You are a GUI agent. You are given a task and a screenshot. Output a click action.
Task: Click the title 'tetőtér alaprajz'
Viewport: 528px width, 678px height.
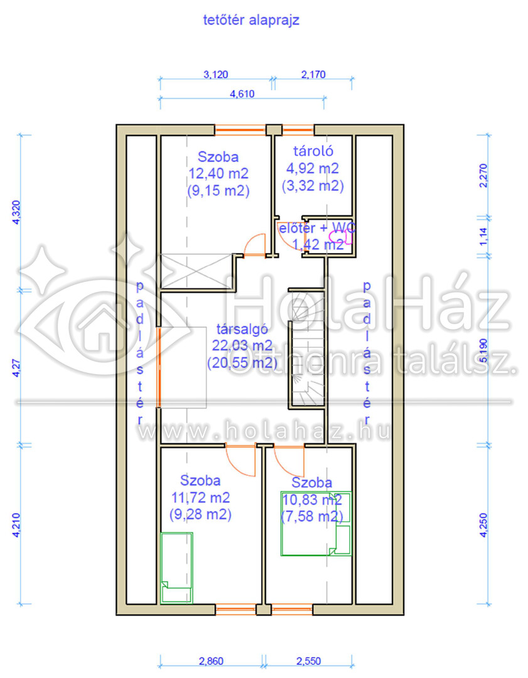[251, 20]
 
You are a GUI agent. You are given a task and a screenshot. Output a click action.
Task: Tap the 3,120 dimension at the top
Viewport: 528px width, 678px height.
[216, 74]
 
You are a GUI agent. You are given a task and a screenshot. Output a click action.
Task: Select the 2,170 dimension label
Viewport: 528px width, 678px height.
[313, 74]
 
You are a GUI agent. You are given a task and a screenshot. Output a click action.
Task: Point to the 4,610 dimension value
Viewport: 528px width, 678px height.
[242, 94]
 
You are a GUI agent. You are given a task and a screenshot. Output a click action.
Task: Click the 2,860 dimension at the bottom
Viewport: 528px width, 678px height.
[211, 661]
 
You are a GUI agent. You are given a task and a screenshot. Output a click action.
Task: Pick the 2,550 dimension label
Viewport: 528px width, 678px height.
[309, 661]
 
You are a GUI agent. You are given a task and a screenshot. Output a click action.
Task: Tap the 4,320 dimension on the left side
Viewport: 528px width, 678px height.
[16, 212]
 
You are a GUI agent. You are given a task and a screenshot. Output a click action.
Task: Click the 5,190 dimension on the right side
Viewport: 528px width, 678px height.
[483, 351]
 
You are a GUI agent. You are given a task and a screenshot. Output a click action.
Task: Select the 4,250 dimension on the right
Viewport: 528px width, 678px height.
[483, 525]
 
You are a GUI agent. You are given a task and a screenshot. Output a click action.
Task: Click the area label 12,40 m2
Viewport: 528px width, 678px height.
[218, 173]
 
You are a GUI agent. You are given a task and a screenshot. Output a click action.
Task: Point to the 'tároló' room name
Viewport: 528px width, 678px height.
[313, 151]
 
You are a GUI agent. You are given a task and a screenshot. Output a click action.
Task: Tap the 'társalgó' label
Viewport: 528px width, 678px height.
[242, 329]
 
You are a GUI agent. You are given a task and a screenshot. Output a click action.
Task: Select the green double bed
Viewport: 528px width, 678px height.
[316, 523]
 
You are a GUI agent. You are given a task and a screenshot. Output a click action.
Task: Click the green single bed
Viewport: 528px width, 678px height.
[176, 568]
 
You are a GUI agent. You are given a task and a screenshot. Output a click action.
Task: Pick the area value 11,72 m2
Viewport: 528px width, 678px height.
[201, 498]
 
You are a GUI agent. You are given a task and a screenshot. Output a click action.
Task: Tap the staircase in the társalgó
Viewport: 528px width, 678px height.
[306, 350]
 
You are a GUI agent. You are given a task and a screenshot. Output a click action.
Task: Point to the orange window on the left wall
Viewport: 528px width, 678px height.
[159, 367]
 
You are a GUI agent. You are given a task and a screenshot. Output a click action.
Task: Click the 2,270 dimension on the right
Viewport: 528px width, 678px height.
[483, 176]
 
